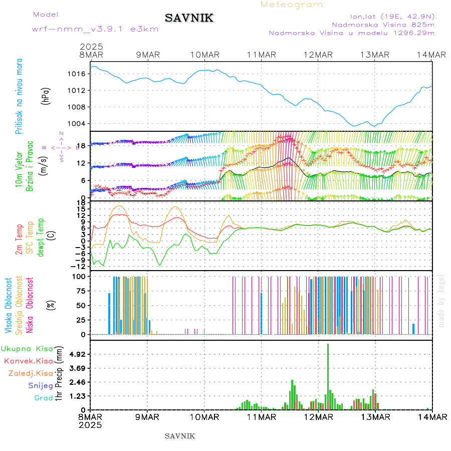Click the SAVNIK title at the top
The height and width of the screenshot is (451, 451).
point(189,19)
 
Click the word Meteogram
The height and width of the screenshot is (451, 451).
point(292,5)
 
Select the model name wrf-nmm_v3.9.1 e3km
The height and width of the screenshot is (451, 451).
point(95,29)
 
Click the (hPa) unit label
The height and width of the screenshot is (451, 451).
point(46,95)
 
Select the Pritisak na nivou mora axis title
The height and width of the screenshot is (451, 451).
point(20,98)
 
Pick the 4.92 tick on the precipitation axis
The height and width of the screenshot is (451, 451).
point(78,354)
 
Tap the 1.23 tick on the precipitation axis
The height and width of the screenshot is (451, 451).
point(78,396)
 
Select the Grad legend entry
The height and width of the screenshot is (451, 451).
point(44,398)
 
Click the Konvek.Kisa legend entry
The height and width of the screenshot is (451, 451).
point(28,361)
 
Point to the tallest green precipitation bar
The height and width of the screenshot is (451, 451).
point(328,376)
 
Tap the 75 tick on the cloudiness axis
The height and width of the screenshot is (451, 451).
point(81,291)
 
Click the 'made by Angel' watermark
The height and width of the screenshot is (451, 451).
point(441,301)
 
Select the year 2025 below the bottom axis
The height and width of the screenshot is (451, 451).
point(91,424)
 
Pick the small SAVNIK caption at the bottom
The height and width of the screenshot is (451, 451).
point(180,435)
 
